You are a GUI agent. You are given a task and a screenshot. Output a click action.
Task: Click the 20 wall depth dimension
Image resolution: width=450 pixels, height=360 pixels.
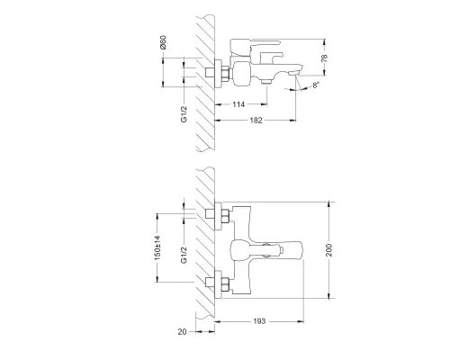point(183,331)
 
